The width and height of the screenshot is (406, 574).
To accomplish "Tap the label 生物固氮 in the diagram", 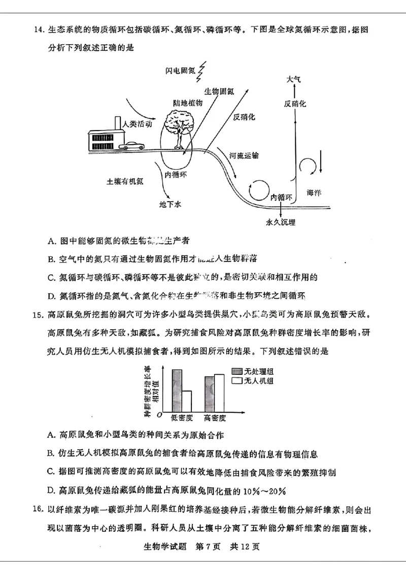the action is [219, 91].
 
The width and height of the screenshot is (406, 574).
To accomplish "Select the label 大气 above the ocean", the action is [293, 80].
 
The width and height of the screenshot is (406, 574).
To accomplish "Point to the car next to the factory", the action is [131, 146].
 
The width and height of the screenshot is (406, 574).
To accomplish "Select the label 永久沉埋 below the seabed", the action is [280, 222].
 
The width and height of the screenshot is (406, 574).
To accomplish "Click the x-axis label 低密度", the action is [182, 418].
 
